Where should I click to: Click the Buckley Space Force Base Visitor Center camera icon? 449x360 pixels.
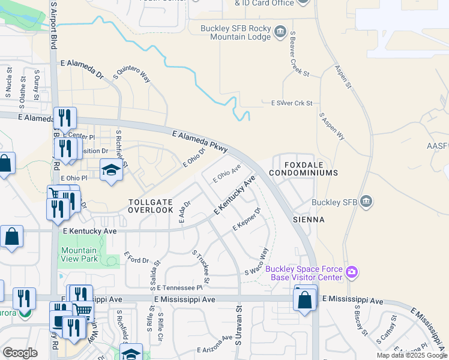[x=352, y=273]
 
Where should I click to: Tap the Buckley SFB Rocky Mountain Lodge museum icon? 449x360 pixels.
[x=279, y=31]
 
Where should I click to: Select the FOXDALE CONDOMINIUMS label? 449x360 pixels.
[x=303, y=167]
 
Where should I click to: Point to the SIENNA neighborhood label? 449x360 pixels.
[x=309, y=220]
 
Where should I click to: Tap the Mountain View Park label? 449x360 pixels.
[x=79, y=254]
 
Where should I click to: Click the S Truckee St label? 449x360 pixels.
[x=200, y=266]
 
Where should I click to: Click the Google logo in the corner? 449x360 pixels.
[x=20, y=353]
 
